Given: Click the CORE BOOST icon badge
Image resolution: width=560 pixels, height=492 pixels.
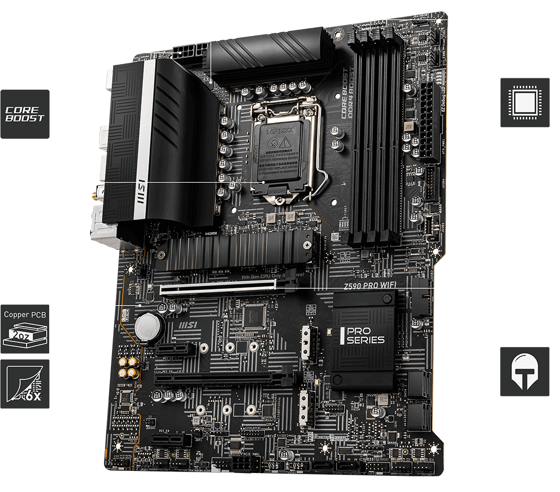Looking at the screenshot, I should pyautogui.click(x=24, y=114).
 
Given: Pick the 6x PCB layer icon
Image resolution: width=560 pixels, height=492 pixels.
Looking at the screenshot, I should pyautogui.click(x=24, y=383).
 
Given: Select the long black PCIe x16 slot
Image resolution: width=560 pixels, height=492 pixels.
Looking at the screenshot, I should pyautogui.click(x=225, y=377).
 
